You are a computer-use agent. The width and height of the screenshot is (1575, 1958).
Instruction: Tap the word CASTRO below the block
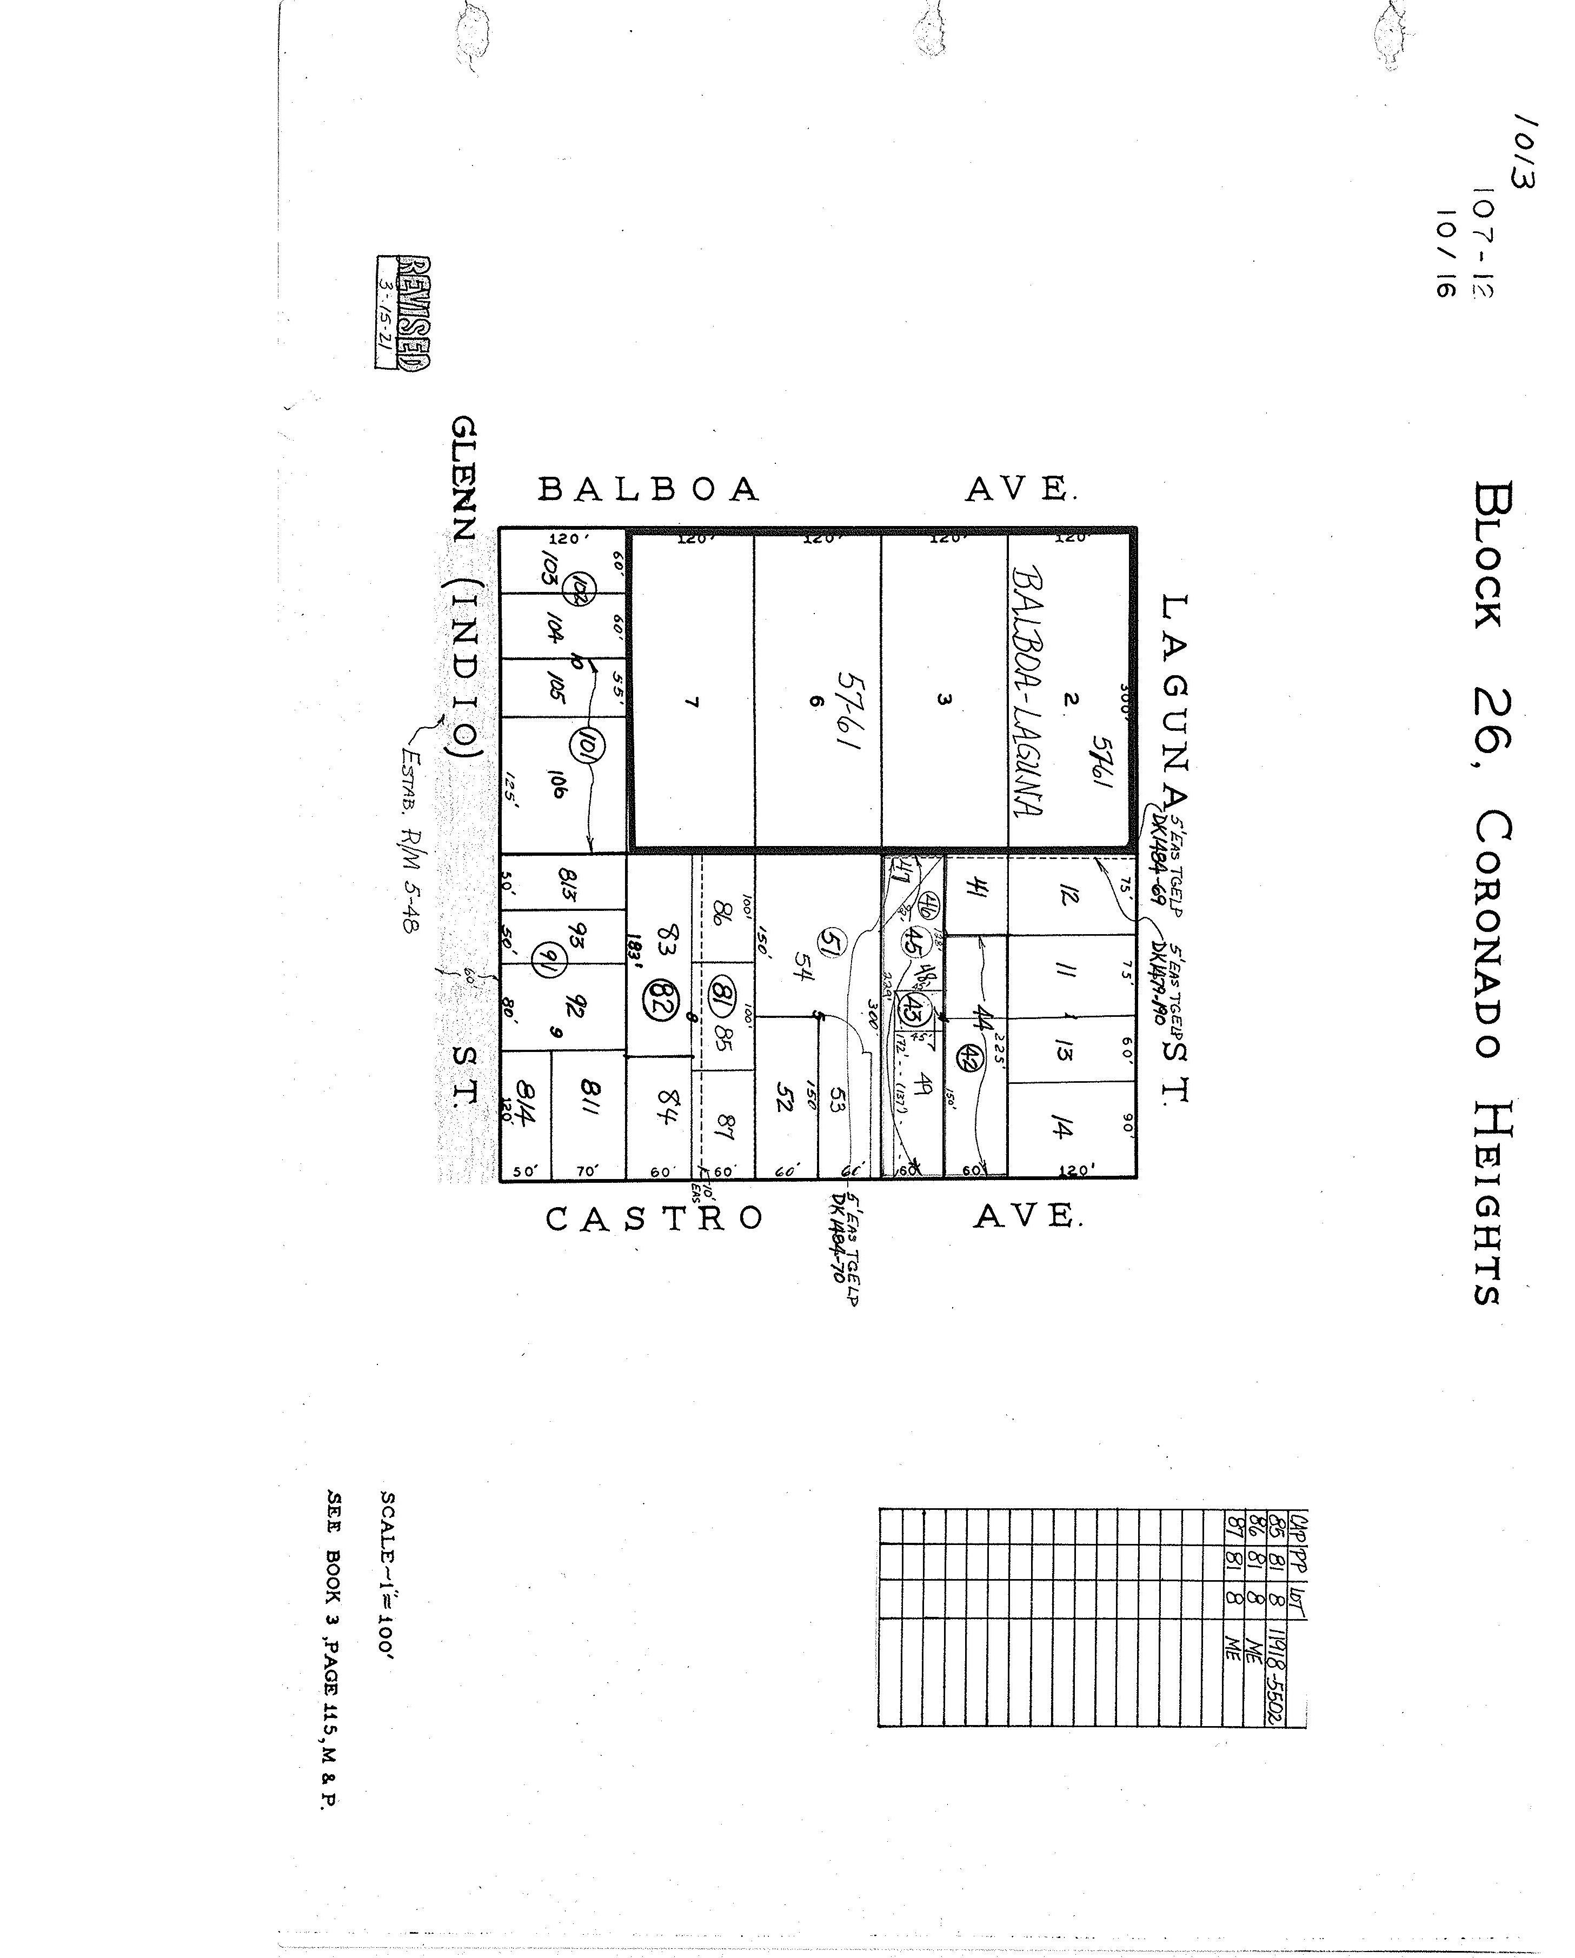click(654, 1218)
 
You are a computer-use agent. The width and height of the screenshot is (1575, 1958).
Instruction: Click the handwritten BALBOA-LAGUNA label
click(1026, 692)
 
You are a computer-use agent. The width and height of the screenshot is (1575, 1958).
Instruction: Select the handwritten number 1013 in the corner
click(1523, 152)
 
